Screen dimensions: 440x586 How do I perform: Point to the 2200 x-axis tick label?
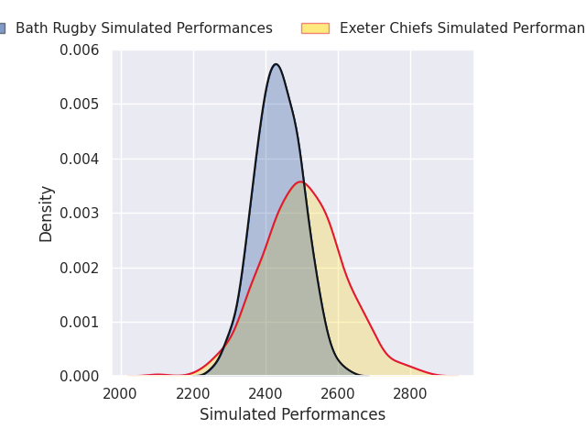tap(193, 394)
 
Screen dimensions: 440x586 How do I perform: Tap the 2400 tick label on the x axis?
tap(266, 394)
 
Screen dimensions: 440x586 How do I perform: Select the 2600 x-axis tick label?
tap(338, 394)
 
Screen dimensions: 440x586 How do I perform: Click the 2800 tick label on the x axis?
tap(410, 394)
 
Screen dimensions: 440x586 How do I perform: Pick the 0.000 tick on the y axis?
tap(81, 376)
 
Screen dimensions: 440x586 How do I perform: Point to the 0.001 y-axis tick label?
tap(81, 322)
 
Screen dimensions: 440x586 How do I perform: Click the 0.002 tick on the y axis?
tap(81, 268)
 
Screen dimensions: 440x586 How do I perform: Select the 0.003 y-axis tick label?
tap(81, 213)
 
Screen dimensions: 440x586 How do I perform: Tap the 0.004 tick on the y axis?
tap(81, 159)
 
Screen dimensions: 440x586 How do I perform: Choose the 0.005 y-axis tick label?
tap(81, 104)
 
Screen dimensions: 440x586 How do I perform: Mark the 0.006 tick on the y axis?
tap(81, 49)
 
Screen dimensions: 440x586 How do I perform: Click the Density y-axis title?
tap(47, 213)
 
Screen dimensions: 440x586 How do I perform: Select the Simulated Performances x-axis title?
tap(292, 414)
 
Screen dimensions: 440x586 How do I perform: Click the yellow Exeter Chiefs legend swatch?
tap(315, 28)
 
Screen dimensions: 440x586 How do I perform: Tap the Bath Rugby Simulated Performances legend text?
tap(144, 28)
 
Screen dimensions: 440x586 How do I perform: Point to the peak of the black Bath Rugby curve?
tap(276, 64)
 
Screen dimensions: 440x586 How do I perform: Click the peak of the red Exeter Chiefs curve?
tap(300, 181)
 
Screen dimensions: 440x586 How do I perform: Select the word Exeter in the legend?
tap(361, 28)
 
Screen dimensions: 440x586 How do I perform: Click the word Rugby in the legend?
tap(74, 28)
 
